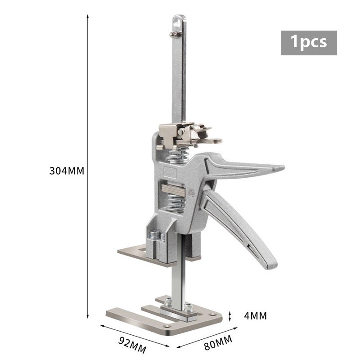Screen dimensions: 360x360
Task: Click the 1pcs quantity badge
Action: click(309, 43)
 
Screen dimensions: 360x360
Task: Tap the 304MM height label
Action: click(67, 171)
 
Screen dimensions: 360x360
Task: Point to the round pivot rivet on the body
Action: click(192, 193)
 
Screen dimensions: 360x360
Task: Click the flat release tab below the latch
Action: click(209, 141)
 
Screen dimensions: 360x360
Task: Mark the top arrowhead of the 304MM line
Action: click(88, 15)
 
